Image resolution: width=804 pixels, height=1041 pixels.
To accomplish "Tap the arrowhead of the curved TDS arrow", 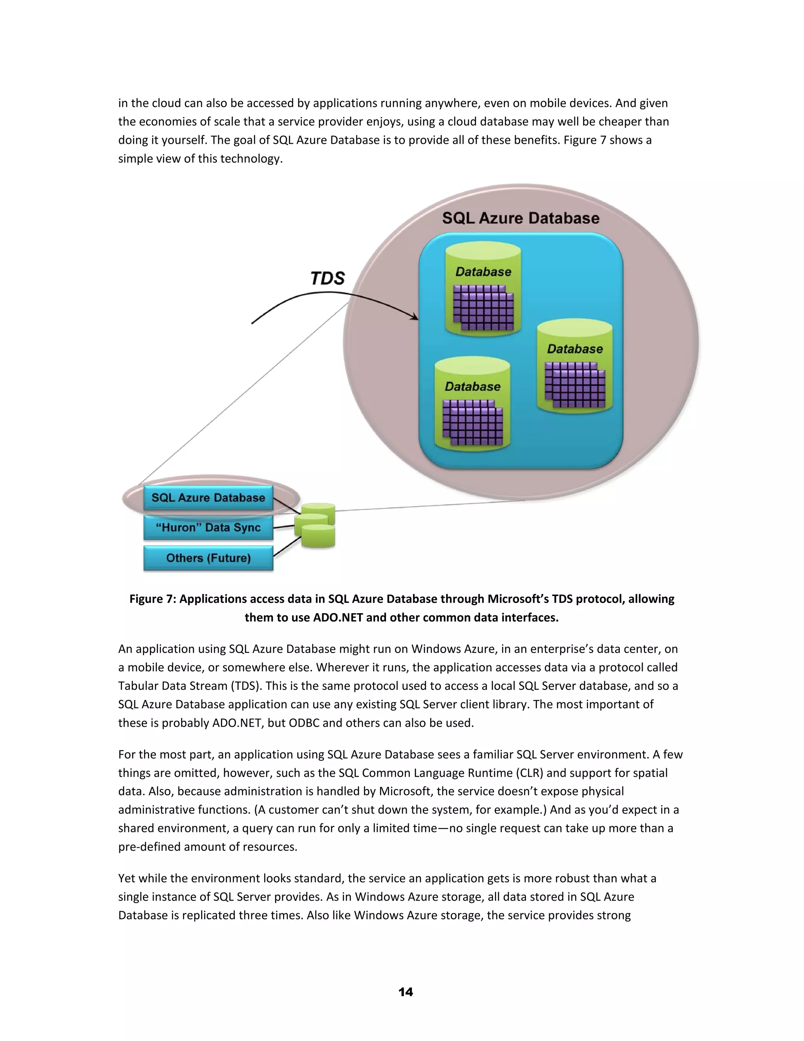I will pos(415,317).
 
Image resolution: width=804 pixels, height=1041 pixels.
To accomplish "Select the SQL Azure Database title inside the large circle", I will pos(520,218).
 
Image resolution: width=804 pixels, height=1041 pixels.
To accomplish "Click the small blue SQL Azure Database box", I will pos(208,498).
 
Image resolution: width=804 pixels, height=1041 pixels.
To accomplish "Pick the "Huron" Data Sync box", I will pos(208,528).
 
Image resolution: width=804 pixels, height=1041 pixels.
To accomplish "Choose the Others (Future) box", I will pos(208,558).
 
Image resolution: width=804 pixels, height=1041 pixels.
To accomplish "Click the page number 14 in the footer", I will pos(405,992).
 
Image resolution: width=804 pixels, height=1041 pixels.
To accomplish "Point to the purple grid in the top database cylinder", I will pos(483,308).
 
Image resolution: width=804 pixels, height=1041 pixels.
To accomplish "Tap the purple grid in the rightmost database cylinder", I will pos(575,385).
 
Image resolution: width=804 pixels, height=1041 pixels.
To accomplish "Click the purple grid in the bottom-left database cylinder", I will pos(473,422).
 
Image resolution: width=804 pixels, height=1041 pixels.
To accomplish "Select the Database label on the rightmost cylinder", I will pos(574,349).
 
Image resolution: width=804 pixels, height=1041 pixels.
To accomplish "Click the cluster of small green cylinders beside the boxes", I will pos(315,525).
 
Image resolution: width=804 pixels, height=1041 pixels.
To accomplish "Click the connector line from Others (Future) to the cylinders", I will pos(287,547).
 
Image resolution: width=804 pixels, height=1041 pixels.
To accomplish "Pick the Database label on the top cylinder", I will pos(483,272).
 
